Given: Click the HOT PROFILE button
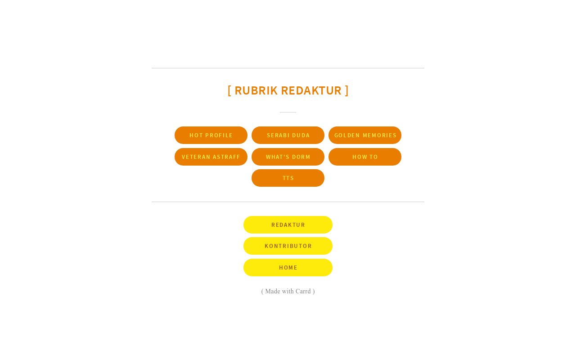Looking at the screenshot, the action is pyautogui.click(x=211, y=135).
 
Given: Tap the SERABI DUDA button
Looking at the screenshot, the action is pyautogui.click(x=288, y=135).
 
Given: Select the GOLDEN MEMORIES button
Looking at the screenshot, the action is pyautogui.click(x=364, y=135).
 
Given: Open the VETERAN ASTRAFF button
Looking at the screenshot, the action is pyautogui.click(x=211, y=157).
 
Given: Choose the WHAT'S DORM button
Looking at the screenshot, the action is pyautogui.click(x=288, y=157).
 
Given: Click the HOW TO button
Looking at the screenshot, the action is pyautogui.click(x=364, y=157).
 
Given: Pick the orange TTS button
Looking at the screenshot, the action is pyautogui.click(x=288, y=178).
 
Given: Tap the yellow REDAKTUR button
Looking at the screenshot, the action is pyautogui.click(x=288, y=225).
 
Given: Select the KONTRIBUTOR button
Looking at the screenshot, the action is pyautogui.click(x=288, y=246).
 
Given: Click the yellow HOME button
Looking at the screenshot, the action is pyautogui.click(x=288, y=267).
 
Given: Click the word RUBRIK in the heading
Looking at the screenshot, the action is pyautogui.click(x=256, y=90).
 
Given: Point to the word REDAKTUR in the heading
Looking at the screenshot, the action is pyautogui.click(x=311, y=90).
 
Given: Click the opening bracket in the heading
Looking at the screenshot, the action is pyautogui.click(x=229, y=90).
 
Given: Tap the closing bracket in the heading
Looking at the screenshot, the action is pyautogui.click(x=346, y=90).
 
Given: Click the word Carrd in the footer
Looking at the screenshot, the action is pyautogui.click(x=303, y=291).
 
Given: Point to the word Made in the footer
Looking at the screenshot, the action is pyautogui.click(x=273, y=291).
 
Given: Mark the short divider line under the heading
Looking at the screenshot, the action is pyautogui.click(x=288, y=112).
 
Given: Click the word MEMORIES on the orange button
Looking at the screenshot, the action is pyautogui.click(x=379, y=135).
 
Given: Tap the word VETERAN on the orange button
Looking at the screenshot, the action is pyautogui.click(x=196, y=157).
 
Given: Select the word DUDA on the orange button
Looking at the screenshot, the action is pyautogui.click(x=301, y=135).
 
